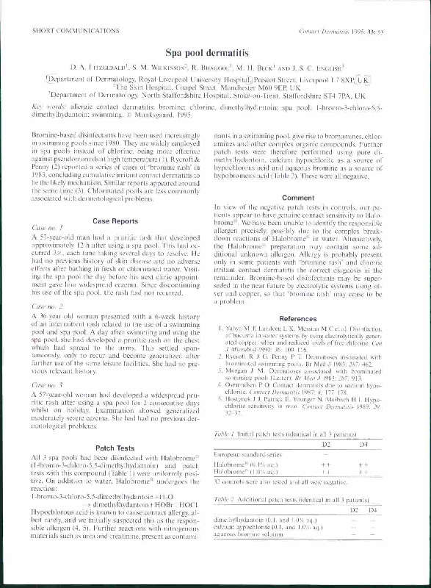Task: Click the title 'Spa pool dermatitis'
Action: [215, 53]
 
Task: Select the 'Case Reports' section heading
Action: [113, 220]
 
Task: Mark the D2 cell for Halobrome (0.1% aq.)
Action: [325, 445]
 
